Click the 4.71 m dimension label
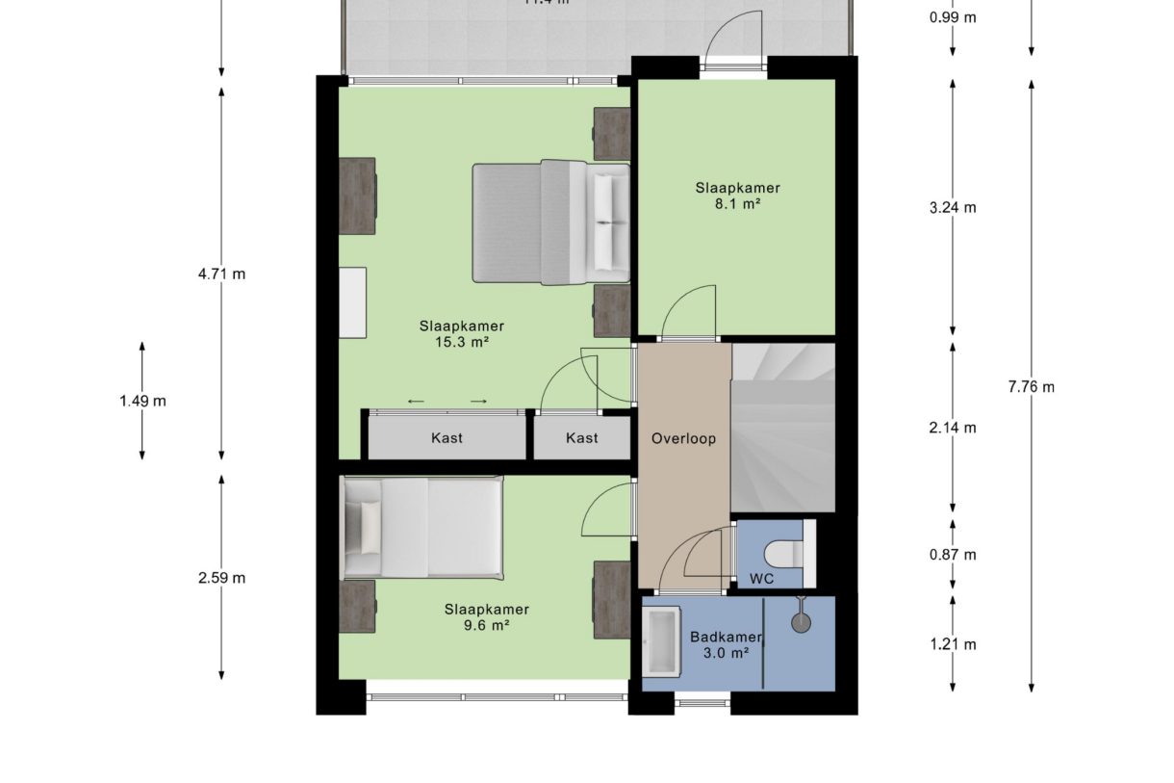[x=221, y=274]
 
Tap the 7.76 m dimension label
[x=1031, y=387]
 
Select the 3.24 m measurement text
[x=953, y=207]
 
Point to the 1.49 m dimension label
[x=142, y=401]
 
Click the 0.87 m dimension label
[x=953, y=555]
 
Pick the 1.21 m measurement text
[x=953, y=644]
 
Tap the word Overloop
[x=683, y=438]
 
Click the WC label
[x=762, y=580]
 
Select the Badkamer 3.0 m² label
[x=726, y=644]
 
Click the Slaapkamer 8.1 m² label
[x=737, y=196]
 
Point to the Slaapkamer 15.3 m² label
[x=461, y=333]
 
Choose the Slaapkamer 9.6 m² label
[x=486, y=616]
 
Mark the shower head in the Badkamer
[x=801, y=622]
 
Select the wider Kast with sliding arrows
[x=447, y=438]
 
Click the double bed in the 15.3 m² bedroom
[x=549, y=223]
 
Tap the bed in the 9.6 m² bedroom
[x=423, y=527]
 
